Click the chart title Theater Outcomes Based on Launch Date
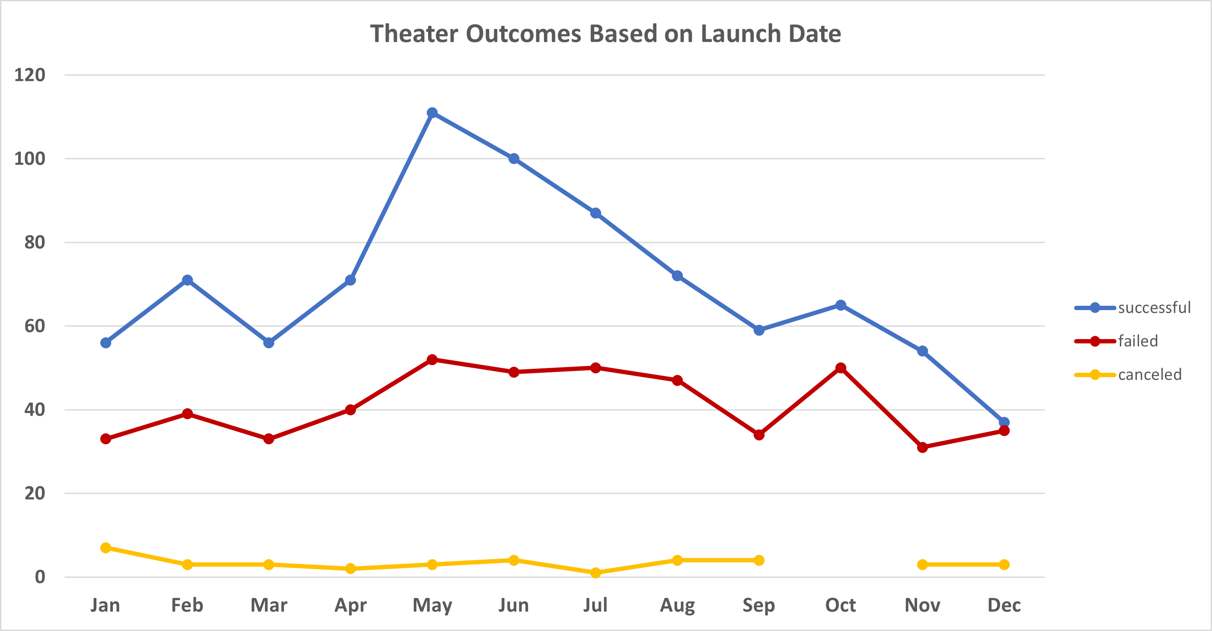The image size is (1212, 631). pyautogui.click(x=605, y=34)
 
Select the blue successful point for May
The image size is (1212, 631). pyautogui.click(x=432, y=113)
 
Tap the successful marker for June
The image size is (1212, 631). pyautogui.click(x=514, y=159)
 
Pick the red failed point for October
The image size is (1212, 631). pyautogui.click(x=841, y=368)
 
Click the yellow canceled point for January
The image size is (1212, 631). pyautogui.click(x=106, y=548)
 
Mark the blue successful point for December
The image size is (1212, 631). pyautogui.click(x=1004, y=422)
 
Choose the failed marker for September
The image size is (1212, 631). pyautogui.click(x=759, y=435)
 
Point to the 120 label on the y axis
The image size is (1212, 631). pyautogui.click(x=30, y=75)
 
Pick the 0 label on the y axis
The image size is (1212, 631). pyautogui.click(x=40, y=577)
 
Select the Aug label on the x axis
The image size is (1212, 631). pyautogui.click(x=677, y=605)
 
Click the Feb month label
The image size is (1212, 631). pyautogui.click(x=187, y=605)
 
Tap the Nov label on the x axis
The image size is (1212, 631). pyautogui.click(x=922, y=605)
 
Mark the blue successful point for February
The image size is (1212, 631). pyautogui.click(x=187, y=280)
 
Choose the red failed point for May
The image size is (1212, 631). pyautogui.click(x=432, y=359)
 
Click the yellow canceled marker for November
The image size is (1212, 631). pyautogui.click(x=922, y=564)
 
